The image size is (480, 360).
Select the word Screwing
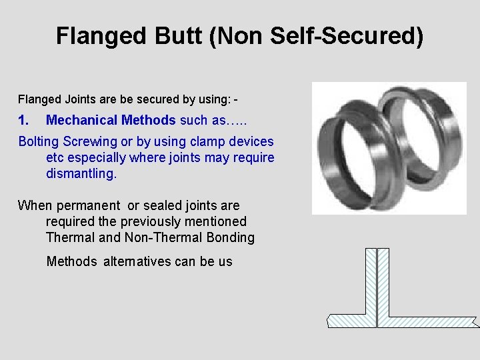(x=92, y=141)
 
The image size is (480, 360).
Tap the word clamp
(x=207, y=141)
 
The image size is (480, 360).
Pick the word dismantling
(x=81, y=173)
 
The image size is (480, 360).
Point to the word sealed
(x=158, y=205)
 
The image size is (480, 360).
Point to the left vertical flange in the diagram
(x=370, y=280)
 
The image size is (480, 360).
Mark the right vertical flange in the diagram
(x=383, y=280)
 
